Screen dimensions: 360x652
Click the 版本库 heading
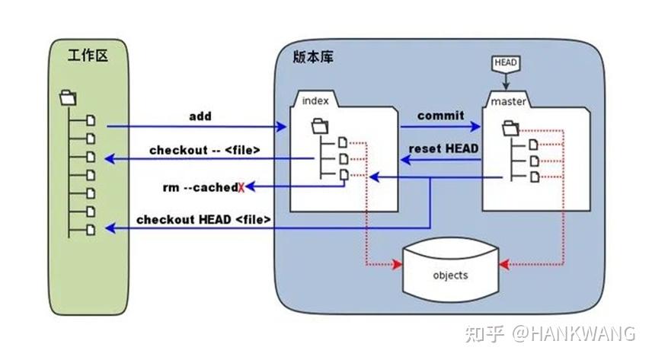[312, 56]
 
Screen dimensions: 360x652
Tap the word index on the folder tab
[315, 100]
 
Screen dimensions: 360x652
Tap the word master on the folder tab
[508, 101]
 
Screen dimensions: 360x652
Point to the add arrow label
[200, 116]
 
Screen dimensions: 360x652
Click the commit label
[440, 116]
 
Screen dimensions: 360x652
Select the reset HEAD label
[444, 149]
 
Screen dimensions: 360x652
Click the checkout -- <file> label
[204, 150]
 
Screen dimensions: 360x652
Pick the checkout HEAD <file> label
[203, 220]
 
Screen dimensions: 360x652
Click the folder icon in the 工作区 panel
[68, 97]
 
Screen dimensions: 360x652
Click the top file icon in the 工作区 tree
[91, 120]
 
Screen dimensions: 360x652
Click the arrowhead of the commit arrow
[478, 126]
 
